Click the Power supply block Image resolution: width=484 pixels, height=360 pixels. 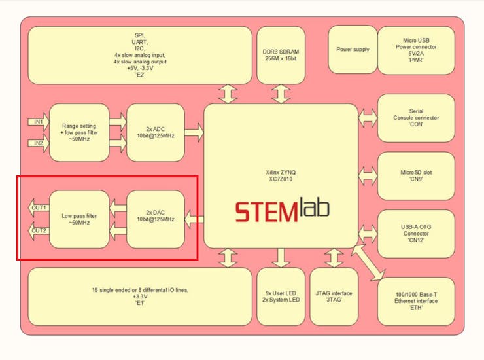pyautogui.click(x=353, y=50)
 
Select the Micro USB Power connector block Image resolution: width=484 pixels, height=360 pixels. pyautogui.click(x=416, y=50)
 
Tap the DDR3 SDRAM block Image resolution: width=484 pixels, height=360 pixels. pyautogui.click(x=281, y=55)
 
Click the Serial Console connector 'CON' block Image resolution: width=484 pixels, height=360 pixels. pyautogui.click(x=416, y=118)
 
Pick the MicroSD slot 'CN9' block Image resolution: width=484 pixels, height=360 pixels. pyautogui.click(x=416, y=176)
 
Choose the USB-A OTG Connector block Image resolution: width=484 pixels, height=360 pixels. pyautogui.click(x=416, y=233)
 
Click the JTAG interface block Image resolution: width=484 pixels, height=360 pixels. pyautogui.click(x=334, y=296)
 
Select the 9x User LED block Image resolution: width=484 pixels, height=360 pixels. pyautogui.click(x=281, y=296)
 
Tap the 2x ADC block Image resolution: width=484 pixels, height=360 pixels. pyautogui.click(x=155, y=132)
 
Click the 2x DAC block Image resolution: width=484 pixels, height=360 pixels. pyautogui.click(x=155, y=219)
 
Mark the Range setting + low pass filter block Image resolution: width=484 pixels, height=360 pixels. pyautogui.click(x=79, y=132)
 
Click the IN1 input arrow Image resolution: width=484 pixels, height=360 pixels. pyautogui.click(x=37, y=122)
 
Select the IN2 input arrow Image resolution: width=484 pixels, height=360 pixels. pyautogui.click(x=37, y=143)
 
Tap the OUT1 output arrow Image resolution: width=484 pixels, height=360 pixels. pyautogui.click(x=39, y=208)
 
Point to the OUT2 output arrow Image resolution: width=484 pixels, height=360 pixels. pyautogui.click(x=39, y=230)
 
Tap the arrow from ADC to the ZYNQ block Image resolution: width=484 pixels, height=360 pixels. pyautogui.click(x=194, y=132)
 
